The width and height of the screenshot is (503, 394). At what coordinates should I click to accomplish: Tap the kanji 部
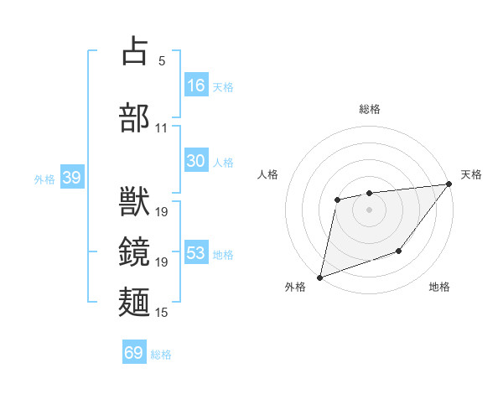point(135,117)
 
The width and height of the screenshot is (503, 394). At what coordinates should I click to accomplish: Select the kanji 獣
point(135,202)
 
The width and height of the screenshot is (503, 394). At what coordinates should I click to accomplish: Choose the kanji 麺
point(135,302)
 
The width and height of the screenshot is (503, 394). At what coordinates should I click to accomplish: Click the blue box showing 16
point(196,86)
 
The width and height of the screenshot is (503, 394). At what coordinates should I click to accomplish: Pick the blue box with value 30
point(196,161)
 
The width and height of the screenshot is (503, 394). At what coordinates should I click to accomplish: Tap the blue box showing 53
point(196,253)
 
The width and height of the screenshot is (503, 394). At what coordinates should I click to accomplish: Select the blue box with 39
point(72,178)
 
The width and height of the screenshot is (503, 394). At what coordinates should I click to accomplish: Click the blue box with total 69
point(134,353)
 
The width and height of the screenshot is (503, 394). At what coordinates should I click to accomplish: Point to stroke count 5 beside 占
point(161,61)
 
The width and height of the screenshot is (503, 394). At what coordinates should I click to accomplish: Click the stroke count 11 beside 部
point(161,128)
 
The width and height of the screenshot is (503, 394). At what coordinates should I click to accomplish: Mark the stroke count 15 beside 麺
point(161,313)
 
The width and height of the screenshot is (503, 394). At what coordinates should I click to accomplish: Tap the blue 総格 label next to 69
point(161,355)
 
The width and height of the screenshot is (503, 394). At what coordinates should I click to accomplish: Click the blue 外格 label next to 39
point(44,179)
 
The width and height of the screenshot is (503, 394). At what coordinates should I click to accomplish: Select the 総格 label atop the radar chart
point(369,109)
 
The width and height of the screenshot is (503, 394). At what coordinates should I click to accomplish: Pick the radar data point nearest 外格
point(319,277)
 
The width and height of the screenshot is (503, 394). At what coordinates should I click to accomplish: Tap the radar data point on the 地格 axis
point(400,251)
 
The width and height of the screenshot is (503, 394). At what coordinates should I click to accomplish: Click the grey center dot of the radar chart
point(369,209)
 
